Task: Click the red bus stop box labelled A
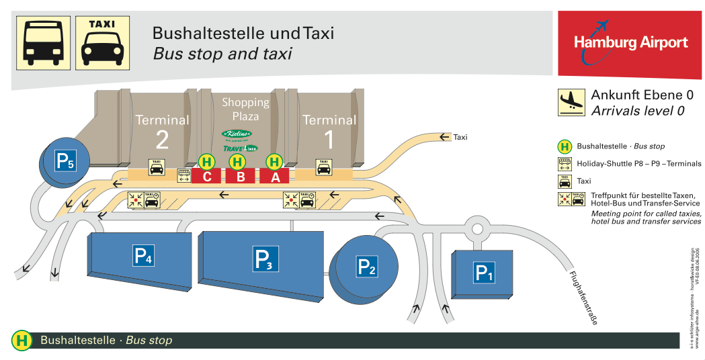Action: [x=274, y=176]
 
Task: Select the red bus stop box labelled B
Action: [x=240, y=176]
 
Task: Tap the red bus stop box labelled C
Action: [x=206, y=176]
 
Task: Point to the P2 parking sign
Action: [x=366, y=267]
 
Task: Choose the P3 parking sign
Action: [x=265, y=259]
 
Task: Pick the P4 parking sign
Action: [x=144, y=255]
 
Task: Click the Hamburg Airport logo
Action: [x=630, y=43]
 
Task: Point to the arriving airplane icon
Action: [x=571, y=103]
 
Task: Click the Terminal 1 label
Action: [x=329, y=129]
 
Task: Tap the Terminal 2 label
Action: [x=162, y=129]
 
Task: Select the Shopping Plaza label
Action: [x=245, y=109]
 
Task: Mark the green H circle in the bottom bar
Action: [x=22, y=341]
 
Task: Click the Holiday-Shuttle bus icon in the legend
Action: [x=565, y=163]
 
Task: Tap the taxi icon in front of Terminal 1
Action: [x=323, y=167]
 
